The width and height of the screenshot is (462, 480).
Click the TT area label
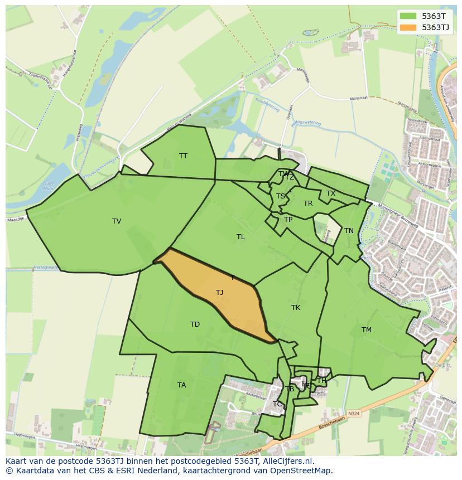[183, 156]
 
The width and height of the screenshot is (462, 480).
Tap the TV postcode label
[117, 221]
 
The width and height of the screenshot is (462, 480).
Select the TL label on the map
[240, 237]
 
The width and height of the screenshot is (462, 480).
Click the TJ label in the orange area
[220, 293]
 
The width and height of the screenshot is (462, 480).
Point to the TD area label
[195, 324]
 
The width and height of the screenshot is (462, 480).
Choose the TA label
[181, 385]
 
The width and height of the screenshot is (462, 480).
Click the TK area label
[296, 308]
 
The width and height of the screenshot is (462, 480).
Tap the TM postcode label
[366, 330]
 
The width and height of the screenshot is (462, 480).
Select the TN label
[349, 231]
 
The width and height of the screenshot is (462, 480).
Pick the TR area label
[308, 203]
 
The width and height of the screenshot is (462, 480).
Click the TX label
[331, 193]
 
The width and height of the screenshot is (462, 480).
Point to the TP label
[288, 220]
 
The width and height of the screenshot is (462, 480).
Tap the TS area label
[281, 196]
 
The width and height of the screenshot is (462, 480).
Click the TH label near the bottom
[321, 381]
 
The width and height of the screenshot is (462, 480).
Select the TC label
[277, 404]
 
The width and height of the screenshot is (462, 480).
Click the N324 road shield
[353, 413]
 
